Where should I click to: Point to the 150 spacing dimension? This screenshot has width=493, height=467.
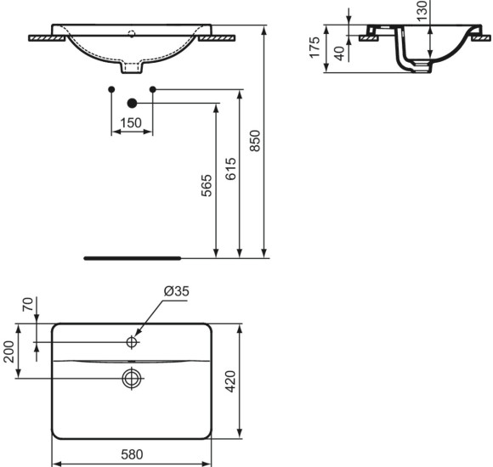tap(131, 122)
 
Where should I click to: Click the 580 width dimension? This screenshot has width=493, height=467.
tap(131, 455)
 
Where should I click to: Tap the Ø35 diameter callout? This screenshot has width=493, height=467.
tap(176, 291)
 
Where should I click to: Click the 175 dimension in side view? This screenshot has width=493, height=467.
tap(314, 47)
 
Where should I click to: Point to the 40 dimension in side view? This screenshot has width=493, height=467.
tap(339, 53)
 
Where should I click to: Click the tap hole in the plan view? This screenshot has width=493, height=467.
tap(132, 342)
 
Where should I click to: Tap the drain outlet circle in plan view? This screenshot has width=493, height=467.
tap(132, 378)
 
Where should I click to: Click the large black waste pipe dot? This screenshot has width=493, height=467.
tap(132, 104)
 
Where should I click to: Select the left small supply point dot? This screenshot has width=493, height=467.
tap(111, 89)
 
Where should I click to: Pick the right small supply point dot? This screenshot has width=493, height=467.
tap(153, 89)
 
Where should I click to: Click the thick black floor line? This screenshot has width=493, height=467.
tap(132, 255)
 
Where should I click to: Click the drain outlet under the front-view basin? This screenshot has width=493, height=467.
tap(132, 65)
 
